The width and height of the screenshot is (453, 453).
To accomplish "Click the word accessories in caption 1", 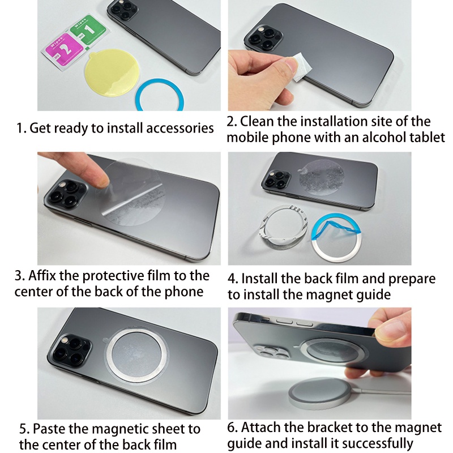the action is [x=180, y=128].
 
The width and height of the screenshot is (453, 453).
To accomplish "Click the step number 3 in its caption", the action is [x=19, y=276].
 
